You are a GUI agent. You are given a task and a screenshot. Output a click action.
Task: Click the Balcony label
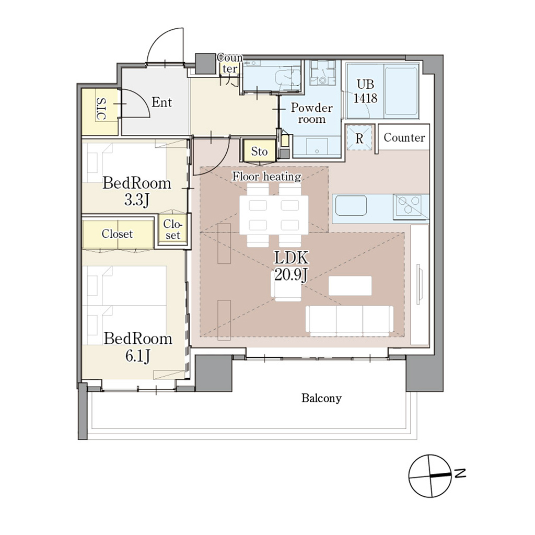pos(321,398)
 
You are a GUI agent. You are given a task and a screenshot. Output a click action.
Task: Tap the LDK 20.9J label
pos(291,266)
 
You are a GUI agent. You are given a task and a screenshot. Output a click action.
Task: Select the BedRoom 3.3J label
pos(137,191)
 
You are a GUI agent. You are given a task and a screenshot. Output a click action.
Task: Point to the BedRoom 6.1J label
pos(138,347)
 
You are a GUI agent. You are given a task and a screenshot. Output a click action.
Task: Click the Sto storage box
pos(259,150)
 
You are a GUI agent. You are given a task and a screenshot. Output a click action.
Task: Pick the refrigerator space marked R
pos(359,138)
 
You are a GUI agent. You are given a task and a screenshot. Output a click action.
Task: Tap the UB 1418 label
pos(365,91)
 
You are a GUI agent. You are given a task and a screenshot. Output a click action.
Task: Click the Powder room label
pos(311,113)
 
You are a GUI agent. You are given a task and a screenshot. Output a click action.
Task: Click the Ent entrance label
pos(162,102)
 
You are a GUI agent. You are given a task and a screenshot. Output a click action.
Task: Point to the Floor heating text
pos(267,176)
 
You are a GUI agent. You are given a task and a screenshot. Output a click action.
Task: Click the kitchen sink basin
pos(351,205)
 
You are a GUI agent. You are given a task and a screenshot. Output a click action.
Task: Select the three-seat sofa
pos(350,319)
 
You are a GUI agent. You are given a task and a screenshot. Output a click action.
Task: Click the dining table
pos(274,215)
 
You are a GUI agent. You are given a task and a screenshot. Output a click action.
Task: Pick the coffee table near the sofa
pos(350,286)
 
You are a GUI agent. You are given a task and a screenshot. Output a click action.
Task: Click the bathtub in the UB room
pos(401,91)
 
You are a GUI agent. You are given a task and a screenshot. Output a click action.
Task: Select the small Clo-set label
pos(172,229)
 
